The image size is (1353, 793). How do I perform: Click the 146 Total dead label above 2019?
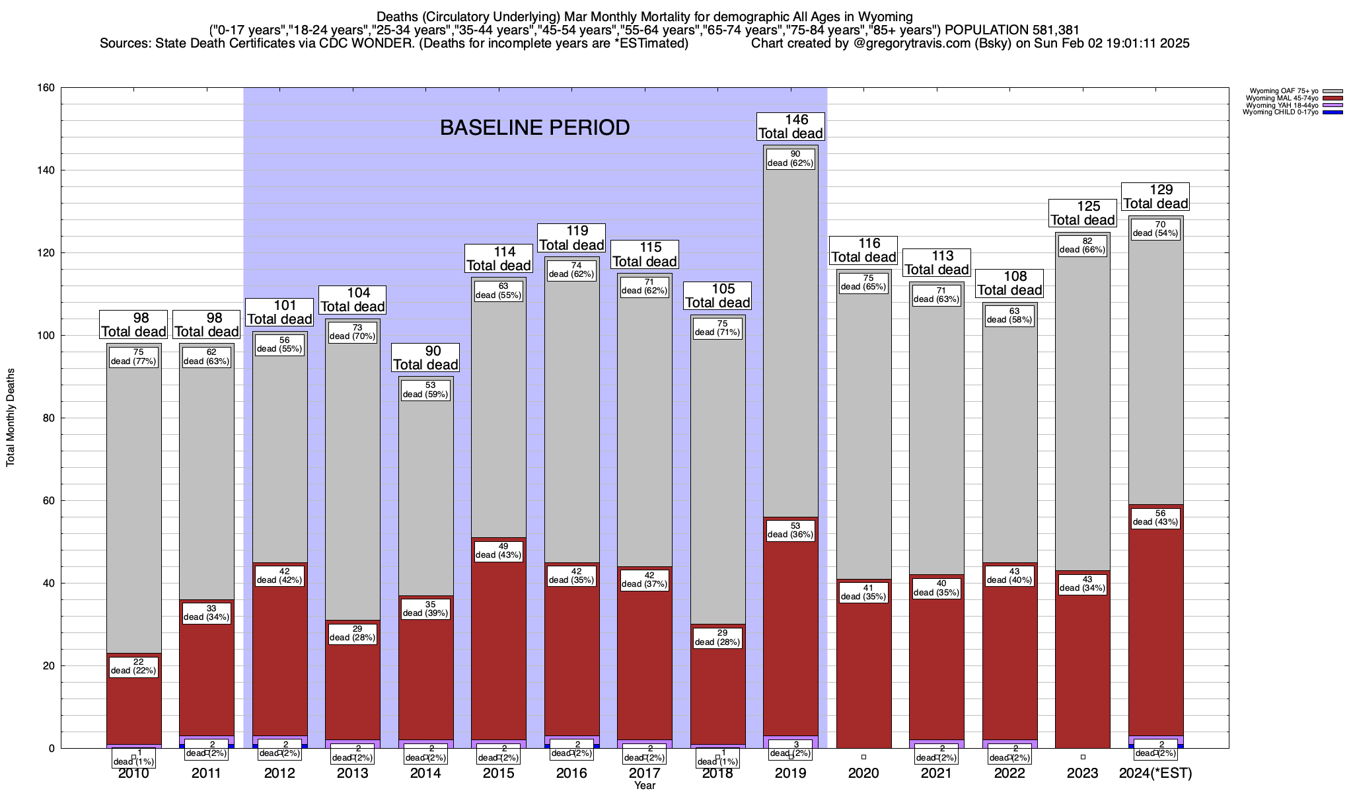pos(790,126)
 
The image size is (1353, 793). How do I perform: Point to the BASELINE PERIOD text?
pos(534,128)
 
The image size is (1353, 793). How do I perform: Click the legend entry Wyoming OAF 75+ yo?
pos(1281,91)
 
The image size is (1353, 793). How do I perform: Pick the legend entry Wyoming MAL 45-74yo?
pos(1281,98)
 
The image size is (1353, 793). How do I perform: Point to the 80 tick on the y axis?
pos(50,418)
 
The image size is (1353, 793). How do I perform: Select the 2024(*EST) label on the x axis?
pos(1155,773)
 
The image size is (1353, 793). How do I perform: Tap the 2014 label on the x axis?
pos(425,773)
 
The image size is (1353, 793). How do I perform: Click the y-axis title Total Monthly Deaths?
pos(11,418)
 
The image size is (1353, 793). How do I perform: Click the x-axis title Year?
pos(645,786)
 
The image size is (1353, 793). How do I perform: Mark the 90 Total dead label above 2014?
pos(425,358)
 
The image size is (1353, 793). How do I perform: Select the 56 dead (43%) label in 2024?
pos(1155,517)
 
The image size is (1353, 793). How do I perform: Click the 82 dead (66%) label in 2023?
pos(1082,245)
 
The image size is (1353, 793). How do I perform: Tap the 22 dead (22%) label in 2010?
pos(134,666)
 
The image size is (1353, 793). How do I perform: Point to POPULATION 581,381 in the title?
pos(1012,30)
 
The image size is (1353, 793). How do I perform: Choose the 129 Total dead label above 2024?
pos(1155,197)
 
